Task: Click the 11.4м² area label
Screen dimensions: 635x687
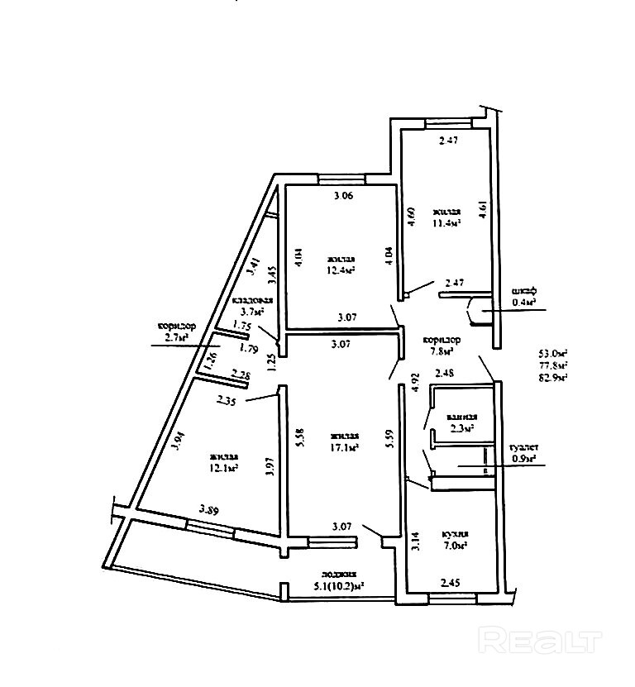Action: [x=446, y=222]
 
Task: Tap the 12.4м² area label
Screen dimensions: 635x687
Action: [x=340, y=270]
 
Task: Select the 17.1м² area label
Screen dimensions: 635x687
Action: [x=343, y=448]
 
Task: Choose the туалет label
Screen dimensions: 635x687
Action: [x=523, y=446]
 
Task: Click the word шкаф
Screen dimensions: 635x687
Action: [x=524, y=290]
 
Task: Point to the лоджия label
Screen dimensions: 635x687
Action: [x=340, y=574]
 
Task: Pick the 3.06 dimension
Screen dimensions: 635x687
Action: [x=343, y=196]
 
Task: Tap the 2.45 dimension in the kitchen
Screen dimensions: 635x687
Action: [x=451, y=584]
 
